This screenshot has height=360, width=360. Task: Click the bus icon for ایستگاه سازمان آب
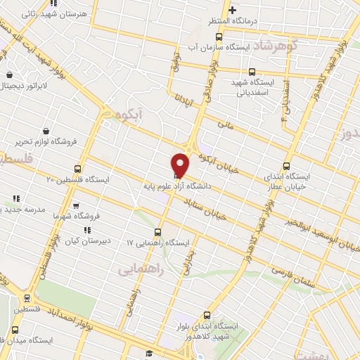(x=219, y=37)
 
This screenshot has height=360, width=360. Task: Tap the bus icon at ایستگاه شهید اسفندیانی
(x=252, y=72)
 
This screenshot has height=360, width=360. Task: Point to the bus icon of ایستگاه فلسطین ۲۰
(x=77, y=169)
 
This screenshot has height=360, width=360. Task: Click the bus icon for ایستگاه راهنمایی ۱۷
(x=157, y=232)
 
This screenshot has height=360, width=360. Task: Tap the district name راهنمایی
(x=139, y=269)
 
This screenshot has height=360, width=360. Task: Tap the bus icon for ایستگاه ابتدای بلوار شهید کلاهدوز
(x=207, y=315)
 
